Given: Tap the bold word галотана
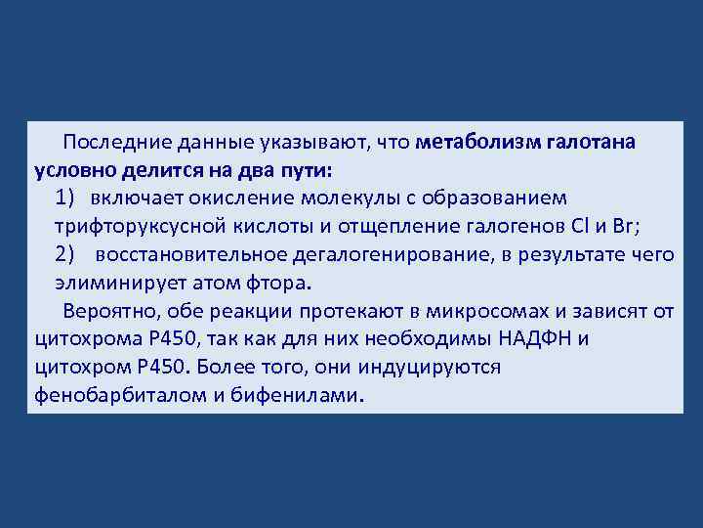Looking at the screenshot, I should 584,142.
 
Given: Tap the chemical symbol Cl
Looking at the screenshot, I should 573,226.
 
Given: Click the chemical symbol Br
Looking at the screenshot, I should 621,226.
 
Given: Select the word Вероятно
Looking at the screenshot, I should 106,311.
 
